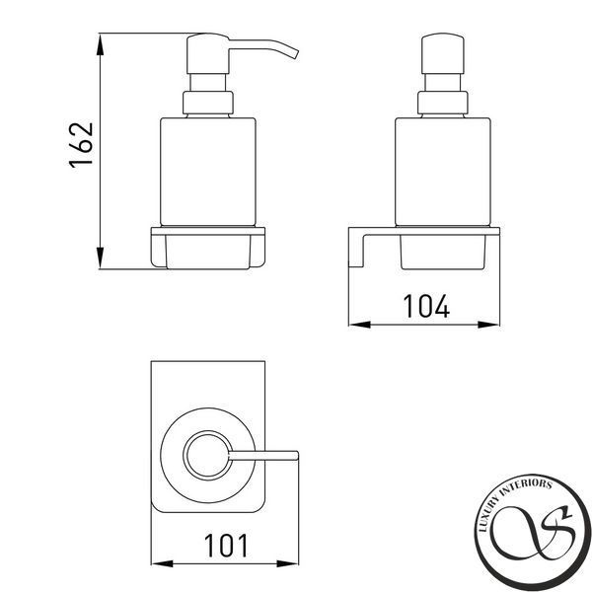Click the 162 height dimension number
81,145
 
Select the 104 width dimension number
426,306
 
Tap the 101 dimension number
226,546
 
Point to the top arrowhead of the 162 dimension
100,44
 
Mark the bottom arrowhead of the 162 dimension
100,258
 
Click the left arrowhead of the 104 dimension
359,325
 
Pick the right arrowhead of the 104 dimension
488,325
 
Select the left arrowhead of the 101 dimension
162,563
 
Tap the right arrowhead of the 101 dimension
287,563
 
